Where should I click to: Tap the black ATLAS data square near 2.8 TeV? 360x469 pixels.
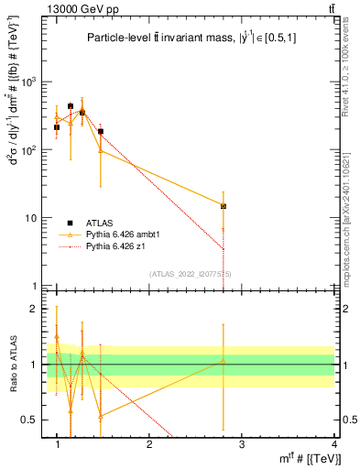(223, 206)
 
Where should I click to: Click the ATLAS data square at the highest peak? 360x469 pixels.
(71, 106)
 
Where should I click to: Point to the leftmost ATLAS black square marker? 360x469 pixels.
(57, 127)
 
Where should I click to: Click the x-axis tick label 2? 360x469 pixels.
(149, 444)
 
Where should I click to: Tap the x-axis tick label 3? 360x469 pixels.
(242, 444)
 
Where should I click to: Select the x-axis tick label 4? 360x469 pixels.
(333, 444)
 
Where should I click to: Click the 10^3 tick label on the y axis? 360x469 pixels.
(35, 82)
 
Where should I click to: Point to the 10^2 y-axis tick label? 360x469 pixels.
(35, 150)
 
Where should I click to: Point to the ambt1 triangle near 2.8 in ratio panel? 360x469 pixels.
(223, 361)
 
